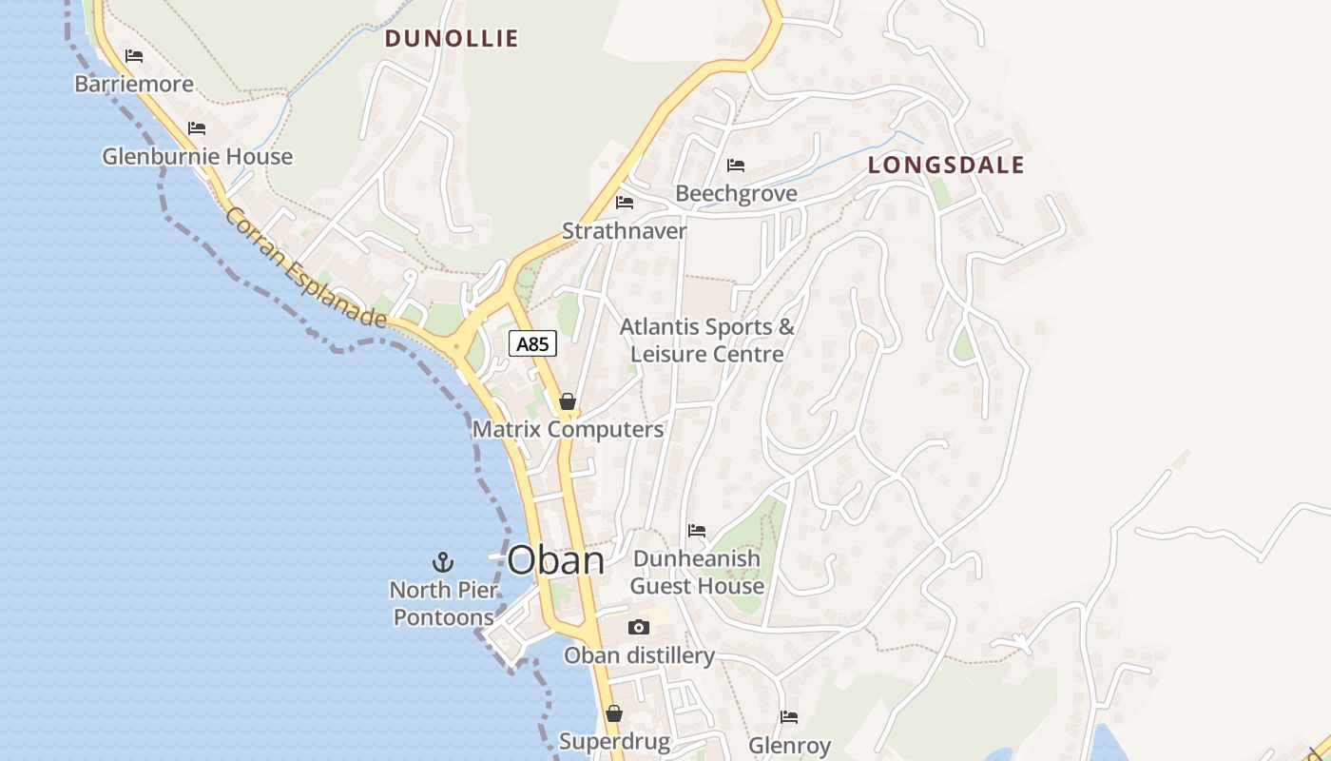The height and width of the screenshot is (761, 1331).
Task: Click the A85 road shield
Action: tap(532, 343)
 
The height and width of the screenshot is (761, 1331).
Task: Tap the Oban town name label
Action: tap(555, 560)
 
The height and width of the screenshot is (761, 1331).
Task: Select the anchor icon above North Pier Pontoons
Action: tap(442, 561)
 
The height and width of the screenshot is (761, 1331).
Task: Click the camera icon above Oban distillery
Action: tap(639, 627)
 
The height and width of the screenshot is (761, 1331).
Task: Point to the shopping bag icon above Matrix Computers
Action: tap(568, 401)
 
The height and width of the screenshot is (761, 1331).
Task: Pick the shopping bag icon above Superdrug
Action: tap(614, 713)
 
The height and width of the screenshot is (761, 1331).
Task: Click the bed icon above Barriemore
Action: tap(134, 56)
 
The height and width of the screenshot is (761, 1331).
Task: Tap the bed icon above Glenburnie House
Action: tap(197, 128)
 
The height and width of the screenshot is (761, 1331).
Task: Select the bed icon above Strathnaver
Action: tap(625, 203)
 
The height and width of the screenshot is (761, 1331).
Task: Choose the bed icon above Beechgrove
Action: tap(736, 166)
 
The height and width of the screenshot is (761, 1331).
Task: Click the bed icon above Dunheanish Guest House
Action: tap(697, 531)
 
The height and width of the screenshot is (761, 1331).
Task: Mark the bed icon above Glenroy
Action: tap(789, 717)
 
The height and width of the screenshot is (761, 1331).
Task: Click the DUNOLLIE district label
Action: tap(452, 39)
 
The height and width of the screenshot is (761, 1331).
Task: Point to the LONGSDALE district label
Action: tap(946, 166)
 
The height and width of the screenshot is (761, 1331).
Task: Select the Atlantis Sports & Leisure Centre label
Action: tap(707, 341)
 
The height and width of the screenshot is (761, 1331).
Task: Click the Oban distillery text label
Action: tap(639, 655)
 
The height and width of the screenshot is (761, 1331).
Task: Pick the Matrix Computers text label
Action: tap(568, 429)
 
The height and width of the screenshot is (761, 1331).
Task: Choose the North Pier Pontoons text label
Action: tap(444, 603)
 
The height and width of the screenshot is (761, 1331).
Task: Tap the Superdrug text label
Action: tap(614, 741)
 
